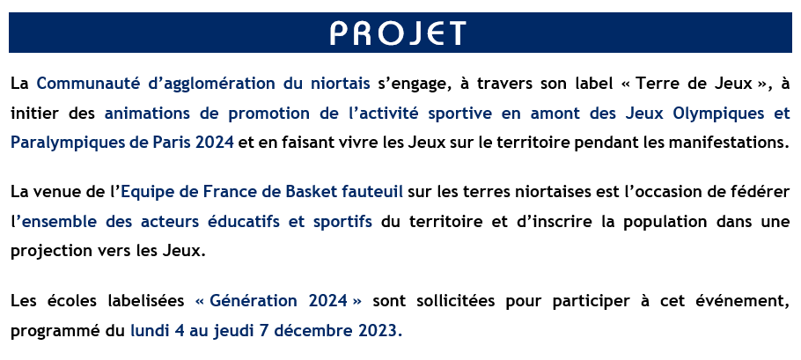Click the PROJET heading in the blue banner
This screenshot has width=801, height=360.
[398, 33]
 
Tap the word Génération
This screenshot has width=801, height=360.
[255, 302]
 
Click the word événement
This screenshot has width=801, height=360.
[745, 302]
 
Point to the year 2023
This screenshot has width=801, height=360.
[382, 331]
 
